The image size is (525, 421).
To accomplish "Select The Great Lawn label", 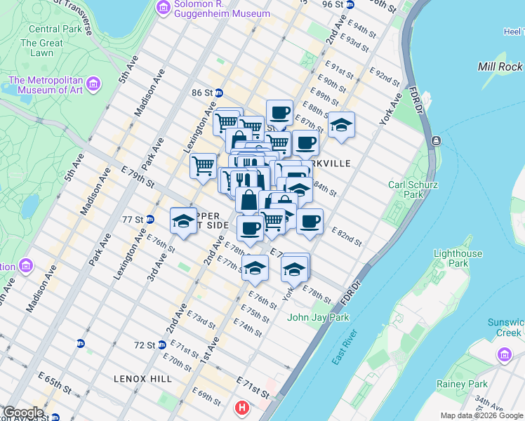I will point(41,48).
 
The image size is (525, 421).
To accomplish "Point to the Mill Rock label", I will point(500,67).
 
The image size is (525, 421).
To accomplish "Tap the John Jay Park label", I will point(318,317).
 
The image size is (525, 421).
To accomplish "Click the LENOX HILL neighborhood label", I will point(142,379).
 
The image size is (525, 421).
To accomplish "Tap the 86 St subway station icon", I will point(219,93).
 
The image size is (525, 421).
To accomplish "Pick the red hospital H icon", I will point(242,407).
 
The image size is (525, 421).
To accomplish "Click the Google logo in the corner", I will point(23,413).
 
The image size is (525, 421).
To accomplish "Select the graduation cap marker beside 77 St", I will point(183,220).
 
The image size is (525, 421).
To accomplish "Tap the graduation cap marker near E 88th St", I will point(341,125).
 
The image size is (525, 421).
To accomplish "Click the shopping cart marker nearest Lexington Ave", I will point(203,166).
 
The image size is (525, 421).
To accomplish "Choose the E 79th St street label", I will point(137,176).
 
